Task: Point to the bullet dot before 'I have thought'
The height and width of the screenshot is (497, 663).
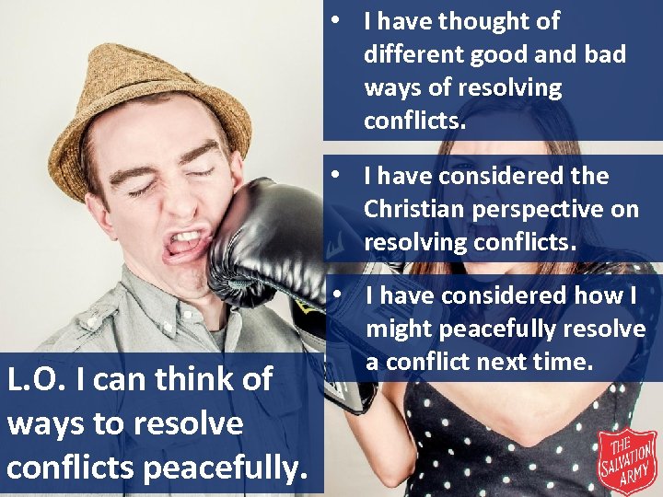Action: pyautogui.click(x=340, y=20)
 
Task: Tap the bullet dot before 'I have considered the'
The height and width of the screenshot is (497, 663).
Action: pyautogui.click(x=340, y=175)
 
